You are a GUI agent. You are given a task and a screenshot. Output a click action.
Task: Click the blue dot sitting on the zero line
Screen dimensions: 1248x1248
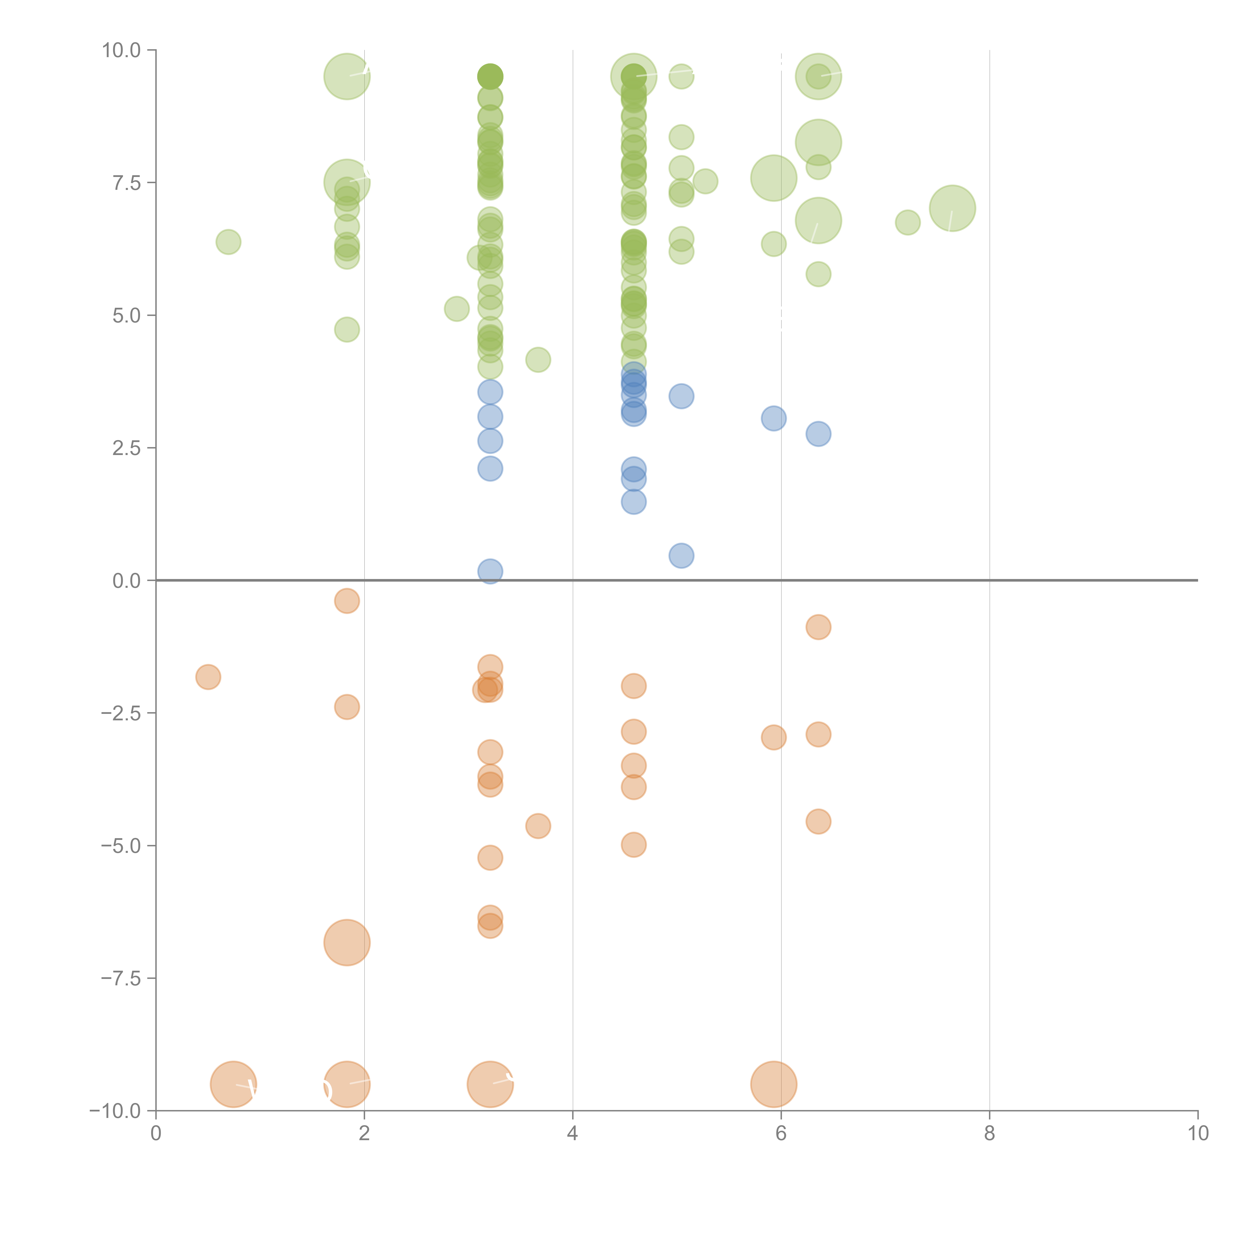pos(490,571)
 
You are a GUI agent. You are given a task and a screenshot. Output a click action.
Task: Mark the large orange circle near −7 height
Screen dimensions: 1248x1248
pos(347,942)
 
